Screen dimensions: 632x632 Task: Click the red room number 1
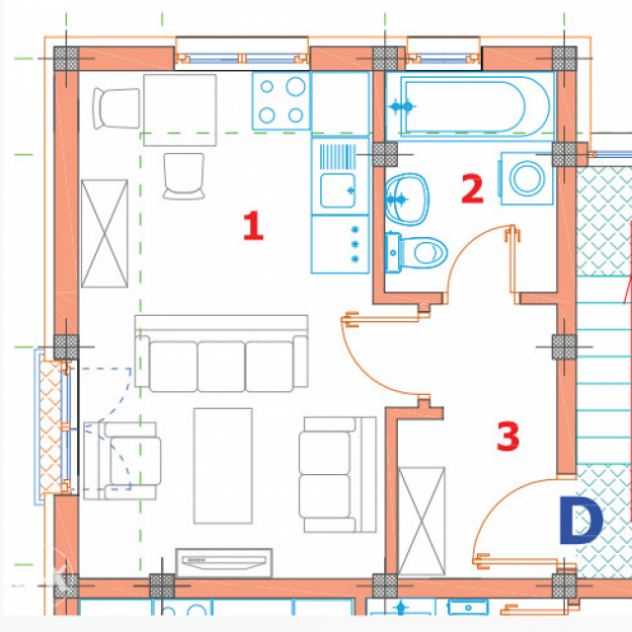click(253, 226)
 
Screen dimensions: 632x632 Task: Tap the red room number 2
click(472, 189)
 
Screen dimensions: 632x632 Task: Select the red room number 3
click(508, 435)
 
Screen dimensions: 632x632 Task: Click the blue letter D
click(581, 520)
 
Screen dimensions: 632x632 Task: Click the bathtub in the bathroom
click(470, 107)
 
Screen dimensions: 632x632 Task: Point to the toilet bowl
click(416, 253)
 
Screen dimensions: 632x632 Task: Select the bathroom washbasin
click(406, 198)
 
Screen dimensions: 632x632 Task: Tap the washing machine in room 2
click(526, 179)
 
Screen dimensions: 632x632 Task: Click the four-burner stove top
click(281, 101)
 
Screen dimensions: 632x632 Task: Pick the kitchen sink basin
click(338, 191)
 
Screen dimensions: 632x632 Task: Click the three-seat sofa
click(221, 354)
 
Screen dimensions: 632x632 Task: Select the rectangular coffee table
click(223, 465)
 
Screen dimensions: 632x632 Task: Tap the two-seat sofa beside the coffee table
click(338, 474)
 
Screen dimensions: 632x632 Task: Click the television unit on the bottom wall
click(224, 563)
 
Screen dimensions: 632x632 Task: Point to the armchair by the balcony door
click(121, 461)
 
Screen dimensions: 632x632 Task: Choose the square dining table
click(180, 110)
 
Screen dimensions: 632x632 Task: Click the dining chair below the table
click(184, 176)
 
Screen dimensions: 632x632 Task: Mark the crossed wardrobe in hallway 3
click(422, 520)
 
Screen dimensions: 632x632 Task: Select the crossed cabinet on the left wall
click(105, 234)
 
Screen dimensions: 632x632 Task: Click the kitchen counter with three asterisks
click(340, 244)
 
